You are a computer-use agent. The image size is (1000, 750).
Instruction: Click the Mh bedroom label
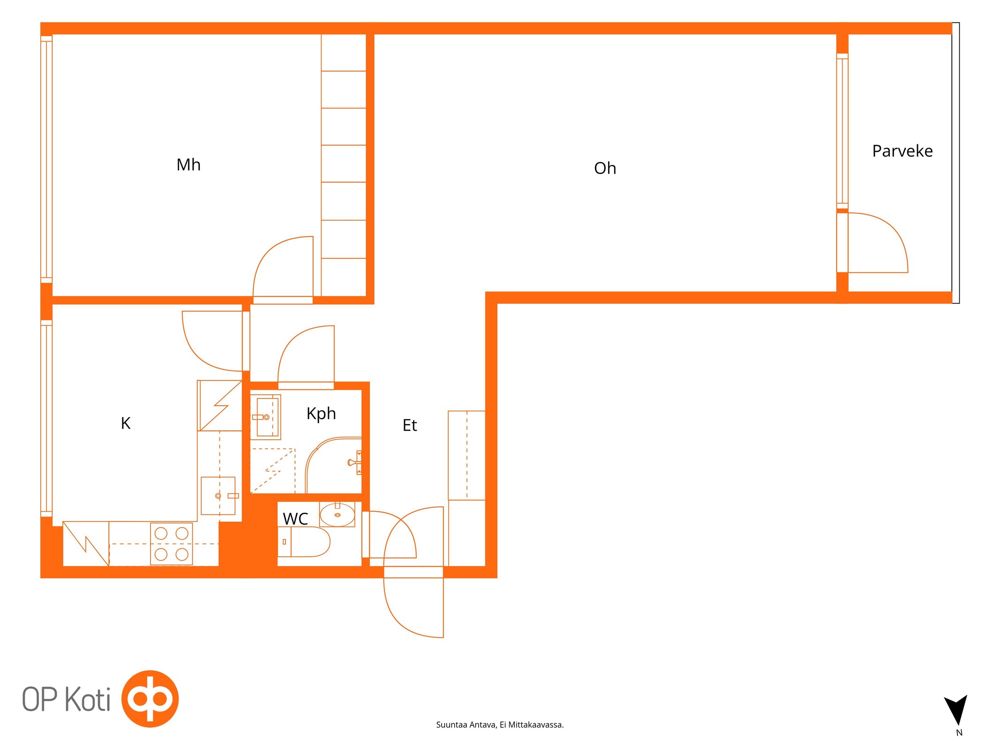coord(188,165)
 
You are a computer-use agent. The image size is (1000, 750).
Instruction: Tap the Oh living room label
coord(605,168)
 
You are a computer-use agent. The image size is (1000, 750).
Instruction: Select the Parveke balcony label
coord(902,151)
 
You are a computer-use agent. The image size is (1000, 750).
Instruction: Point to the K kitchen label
coord(126,423)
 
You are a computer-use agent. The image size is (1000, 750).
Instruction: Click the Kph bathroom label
coord(321,414)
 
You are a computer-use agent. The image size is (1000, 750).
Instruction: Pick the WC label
coord(295,519)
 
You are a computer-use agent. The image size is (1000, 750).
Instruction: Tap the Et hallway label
coord(410,425)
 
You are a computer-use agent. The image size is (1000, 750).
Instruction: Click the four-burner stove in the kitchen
coord(172,544)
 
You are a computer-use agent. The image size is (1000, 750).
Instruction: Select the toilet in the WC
coord(304,542)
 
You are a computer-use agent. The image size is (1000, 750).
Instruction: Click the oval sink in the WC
coord(337,515)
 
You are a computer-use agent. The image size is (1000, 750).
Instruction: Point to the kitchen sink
coord(218,496)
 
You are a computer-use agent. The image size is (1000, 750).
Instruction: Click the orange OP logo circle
coord(150,699)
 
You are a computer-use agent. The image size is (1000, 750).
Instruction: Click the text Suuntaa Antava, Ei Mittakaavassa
coord(500,725)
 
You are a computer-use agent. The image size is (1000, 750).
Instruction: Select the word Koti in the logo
coord(88,699)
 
